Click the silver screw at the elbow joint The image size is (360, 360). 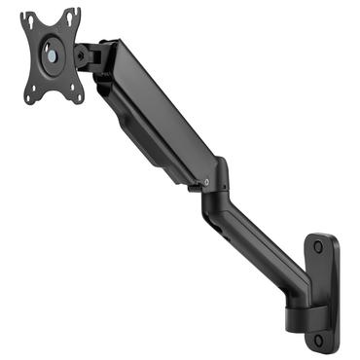(x=205, y=180)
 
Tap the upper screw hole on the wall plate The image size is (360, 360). (x=320, y=247)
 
